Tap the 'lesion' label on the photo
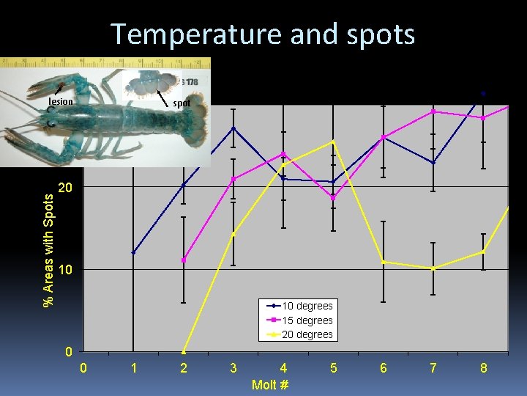coord(61,102)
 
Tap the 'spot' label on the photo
coord(182,103)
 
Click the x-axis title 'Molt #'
coord(269,384)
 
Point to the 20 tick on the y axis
coord(66,188)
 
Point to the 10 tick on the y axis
coord(66,271)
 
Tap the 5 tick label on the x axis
coord(334,368)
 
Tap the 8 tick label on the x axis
coord(483,368)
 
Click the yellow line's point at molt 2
coord(184,351)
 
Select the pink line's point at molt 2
coord(184,260)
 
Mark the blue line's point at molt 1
coord(133,252)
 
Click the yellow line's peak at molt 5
coord(333,142)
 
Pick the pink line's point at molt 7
coord(433,111)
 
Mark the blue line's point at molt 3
coord(233,128)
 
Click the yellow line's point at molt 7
coord(433,268)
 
